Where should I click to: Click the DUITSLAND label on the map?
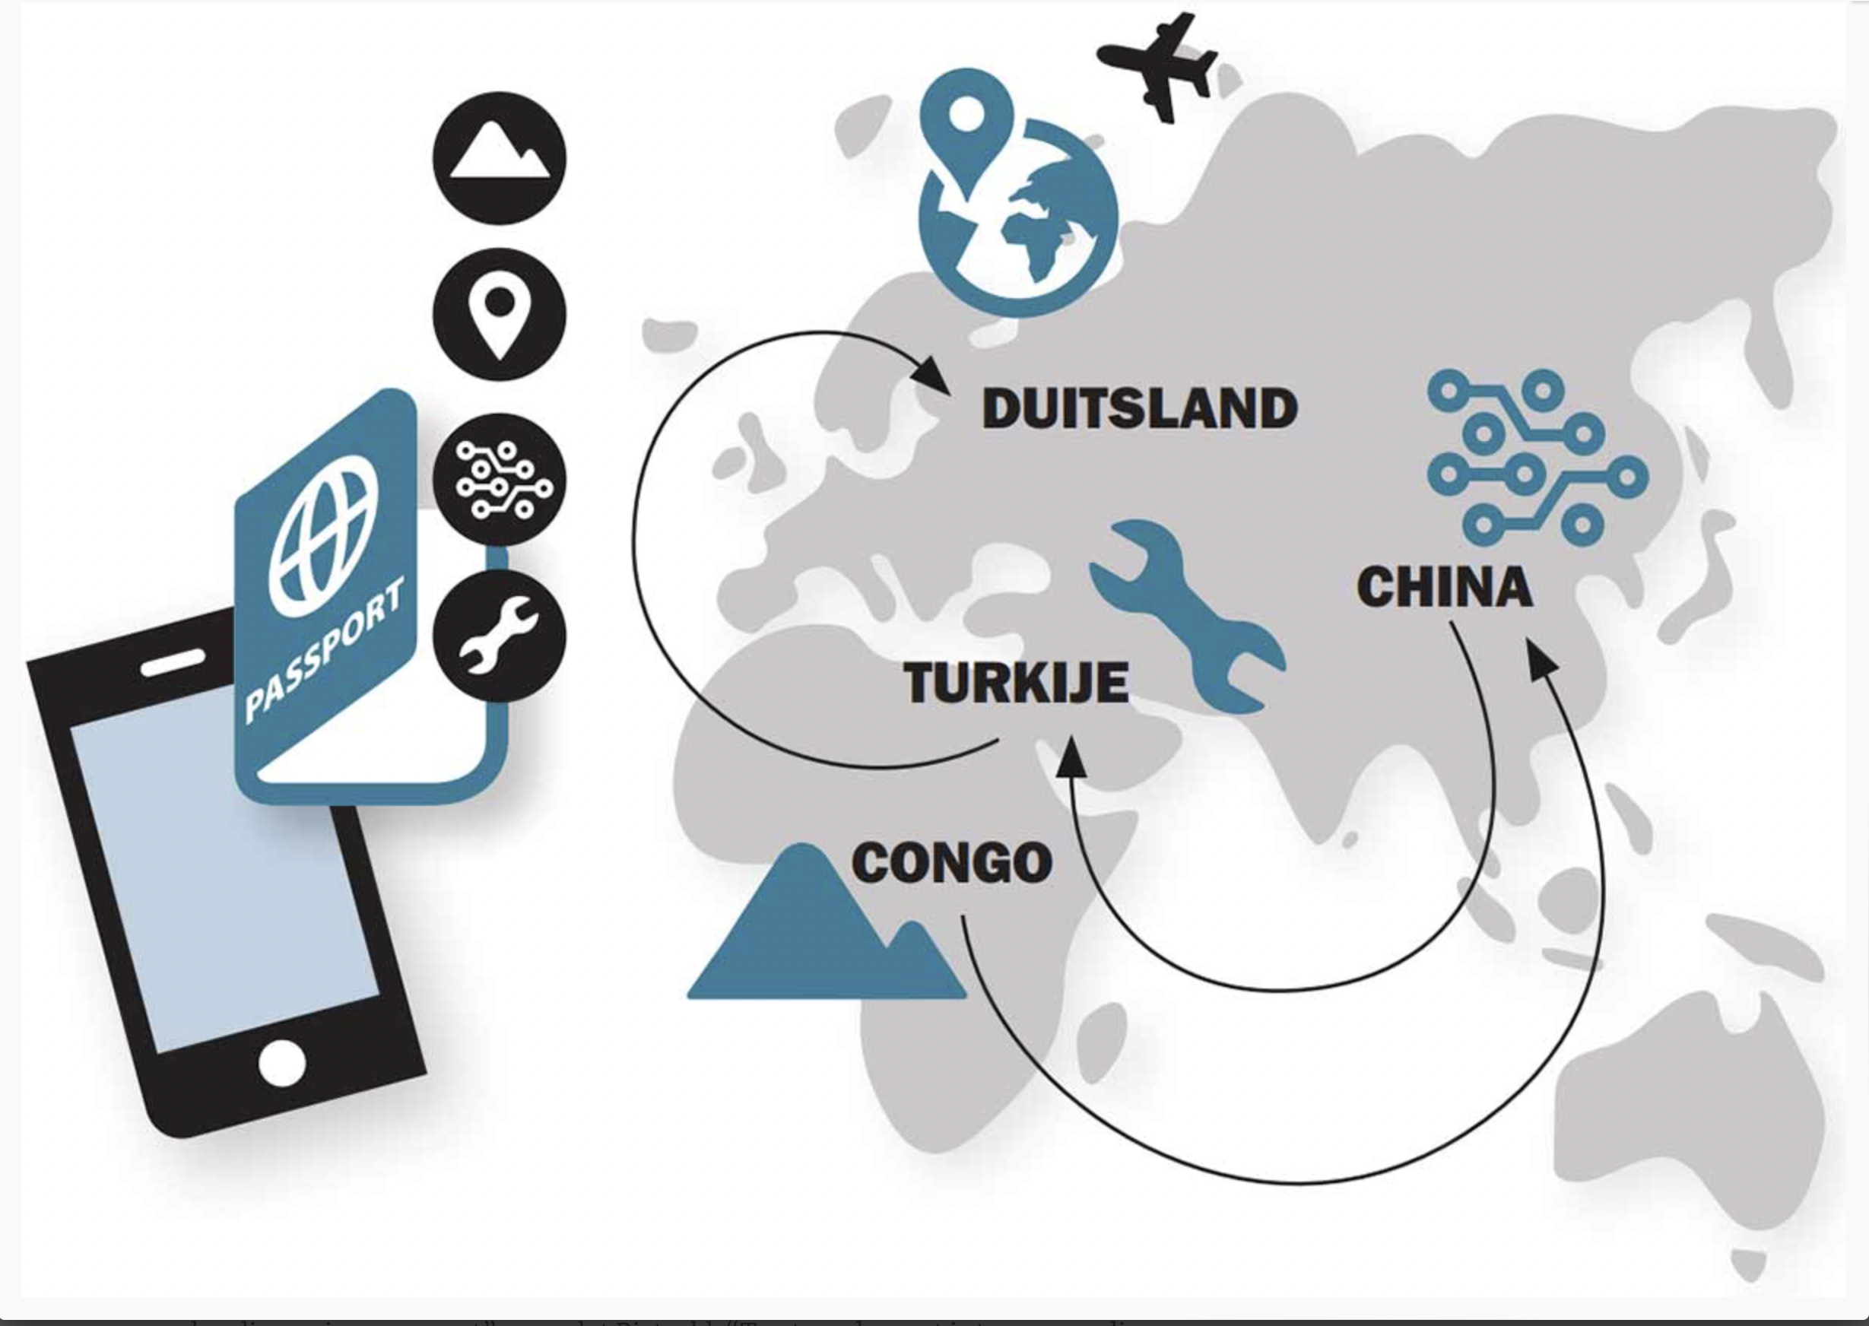(x=1139, y=409)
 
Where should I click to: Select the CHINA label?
(x=1445, y=587)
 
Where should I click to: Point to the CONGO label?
(x=951, y=863)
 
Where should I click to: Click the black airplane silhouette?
(x=1158, y=67)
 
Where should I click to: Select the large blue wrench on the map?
(x=1184, y=612)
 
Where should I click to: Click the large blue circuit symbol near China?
(x=1535, y=457)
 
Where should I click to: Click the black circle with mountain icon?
(x=499, y=157)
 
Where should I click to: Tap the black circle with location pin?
(x=499, y=314)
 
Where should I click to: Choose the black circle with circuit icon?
(x=499, y=480)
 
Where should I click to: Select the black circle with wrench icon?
(x=499, y=636)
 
